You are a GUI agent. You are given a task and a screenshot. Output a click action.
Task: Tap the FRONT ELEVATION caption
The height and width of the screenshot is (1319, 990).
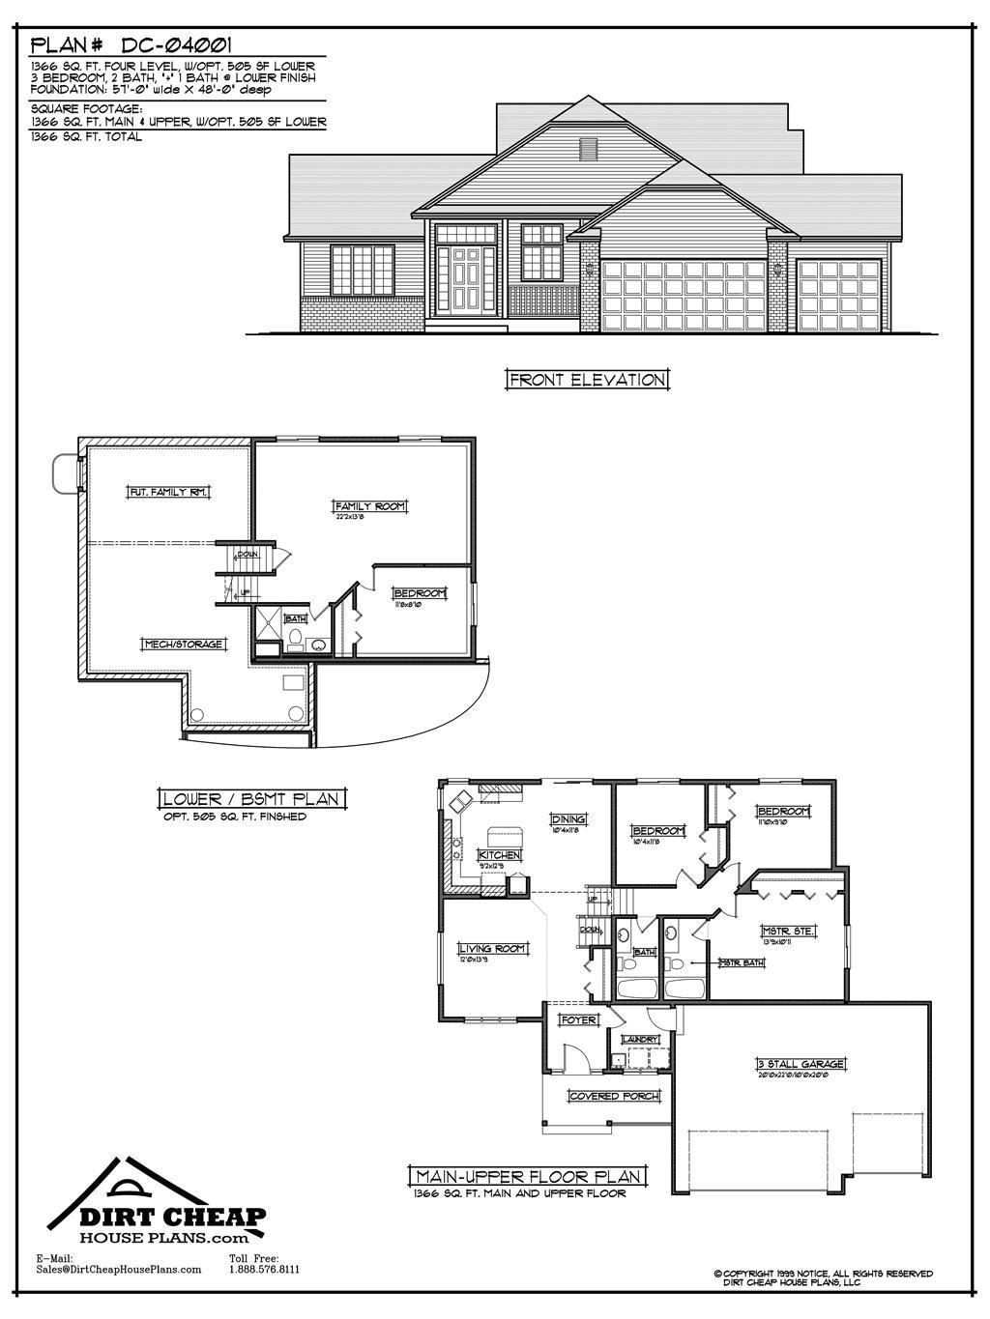[x=587, y=380]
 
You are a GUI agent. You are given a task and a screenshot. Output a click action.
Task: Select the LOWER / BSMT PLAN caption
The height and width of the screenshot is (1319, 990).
[x=250, y=799]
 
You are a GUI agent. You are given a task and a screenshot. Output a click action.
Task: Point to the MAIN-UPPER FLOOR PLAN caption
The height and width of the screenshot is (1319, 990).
[x=528, y=1176]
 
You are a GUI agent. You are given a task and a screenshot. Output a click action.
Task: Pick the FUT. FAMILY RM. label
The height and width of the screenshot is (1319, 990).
[x=169, y=492]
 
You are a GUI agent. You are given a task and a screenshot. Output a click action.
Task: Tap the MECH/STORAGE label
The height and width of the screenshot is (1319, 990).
[x=184, y=644]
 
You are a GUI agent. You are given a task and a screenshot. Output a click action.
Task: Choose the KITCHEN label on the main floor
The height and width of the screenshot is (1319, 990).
[x=500, y=855]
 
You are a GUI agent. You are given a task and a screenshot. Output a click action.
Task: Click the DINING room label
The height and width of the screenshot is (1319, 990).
[x=568, y=819]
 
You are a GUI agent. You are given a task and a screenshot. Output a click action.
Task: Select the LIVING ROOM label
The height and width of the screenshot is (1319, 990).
[x=492, y=948]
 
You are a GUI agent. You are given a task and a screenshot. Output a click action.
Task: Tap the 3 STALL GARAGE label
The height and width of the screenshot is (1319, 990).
[x=801, y=1064]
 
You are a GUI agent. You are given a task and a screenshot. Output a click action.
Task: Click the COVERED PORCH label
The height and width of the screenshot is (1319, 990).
[x=615, y=1096]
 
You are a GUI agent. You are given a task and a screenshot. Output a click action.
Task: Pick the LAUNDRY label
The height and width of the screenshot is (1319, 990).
[x=640, y=1039]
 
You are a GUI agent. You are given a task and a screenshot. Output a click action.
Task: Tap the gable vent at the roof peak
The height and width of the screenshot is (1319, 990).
[x=586, y=150]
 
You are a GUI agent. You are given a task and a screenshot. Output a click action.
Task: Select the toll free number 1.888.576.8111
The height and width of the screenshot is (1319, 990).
[x=264, y=1270]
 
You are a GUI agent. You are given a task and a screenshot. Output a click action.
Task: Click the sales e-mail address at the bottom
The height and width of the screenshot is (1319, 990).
[x=118, y=1270]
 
